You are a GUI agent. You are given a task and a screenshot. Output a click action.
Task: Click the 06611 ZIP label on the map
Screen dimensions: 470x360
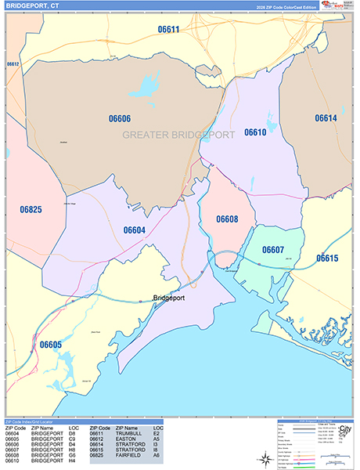click(x=167, y=31)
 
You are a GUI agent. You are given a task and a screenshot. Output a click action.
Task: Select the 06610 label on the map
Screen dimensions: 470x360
click(x=255, y=132)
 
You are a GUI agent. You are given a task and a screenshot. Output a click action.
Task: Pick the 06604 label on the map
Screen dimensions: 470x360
click(x=134, y=230)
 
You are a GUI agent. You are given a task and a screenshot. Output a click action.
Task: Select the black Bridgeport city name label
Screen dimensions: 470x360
click(x=173, y=298)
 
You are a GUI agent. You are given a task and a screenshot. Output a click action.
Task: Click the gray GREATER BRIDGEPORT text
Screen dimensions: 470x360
click(x=178, y=135)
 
